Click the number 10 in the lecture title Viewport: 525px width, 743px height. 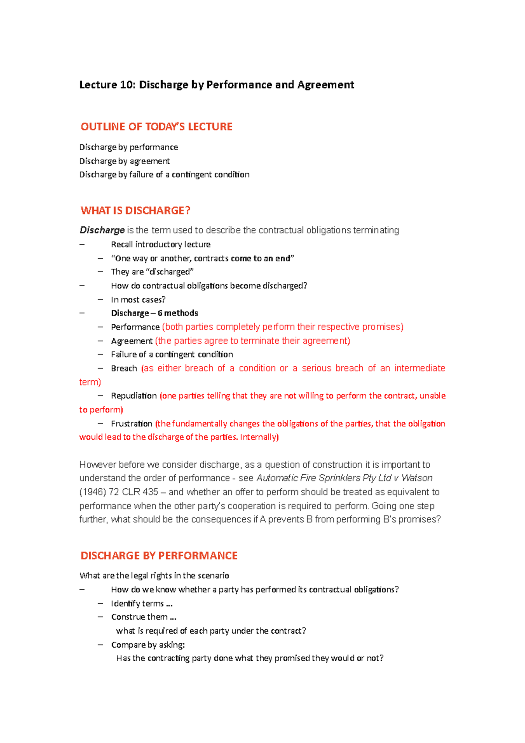126,85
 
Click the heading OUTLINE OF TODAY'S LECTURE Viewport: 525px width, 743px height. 156,127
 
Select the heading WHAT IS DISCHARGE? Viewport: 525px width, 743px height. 135,210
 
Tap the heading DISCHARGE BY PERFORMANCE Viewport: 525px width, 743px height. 159,556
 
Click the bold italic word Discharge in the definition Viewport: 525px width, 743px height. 102,230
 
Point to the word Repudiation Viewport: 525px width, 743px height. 133,396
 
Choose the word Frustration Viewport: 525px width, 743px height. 131,424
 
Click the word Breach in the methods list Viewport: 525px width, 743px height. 124,368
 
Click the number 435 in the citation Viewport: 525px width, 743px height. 150,492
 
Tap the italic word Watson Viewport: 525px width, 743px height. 417,478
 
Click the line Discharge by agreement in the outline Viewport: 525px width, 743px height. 124,161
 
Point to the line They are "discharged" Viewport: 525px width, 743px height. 152,272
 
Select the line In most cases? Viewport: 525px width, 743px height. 138,300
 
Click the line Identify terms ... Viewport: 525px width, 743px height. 141,603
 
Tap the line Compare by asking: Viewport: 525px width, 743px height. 148,645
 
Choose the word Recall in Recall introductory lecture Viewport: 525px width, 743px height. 122,244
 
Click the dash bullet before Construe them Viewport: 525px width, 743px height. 101,617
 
